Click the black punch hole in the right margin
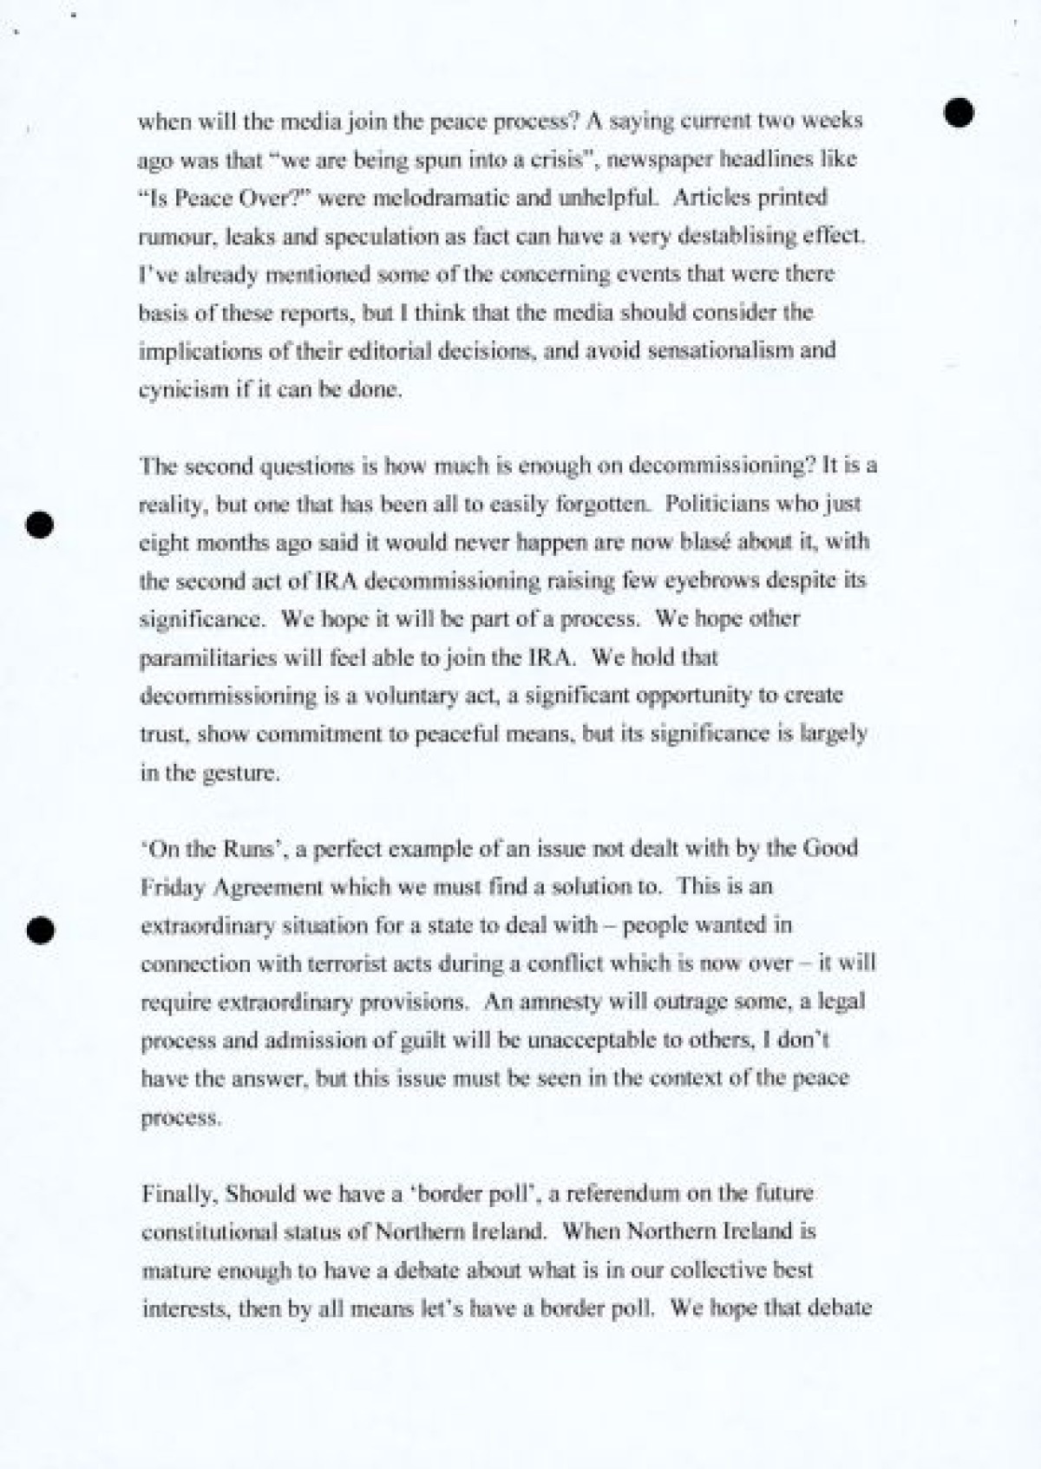(959, 113)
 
